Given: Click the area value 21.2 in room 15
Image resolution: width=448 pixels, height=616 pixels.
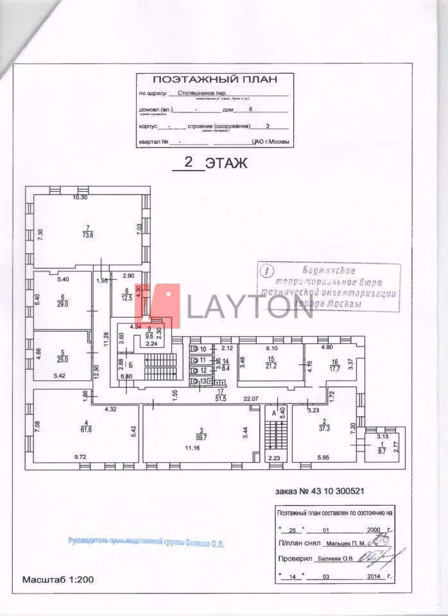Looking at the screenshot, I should click(x=271, y=366).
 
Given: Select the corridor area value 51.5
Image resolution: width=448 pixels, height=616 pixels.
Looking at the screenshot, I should click(x=220, y=398).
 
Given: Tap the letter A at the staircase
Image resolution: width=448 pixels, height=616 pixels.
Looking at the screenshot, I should click(x=274, y=413).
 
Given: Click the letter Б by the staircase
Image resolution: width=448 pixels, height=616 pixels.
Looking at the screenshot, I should click(x=130, y=365).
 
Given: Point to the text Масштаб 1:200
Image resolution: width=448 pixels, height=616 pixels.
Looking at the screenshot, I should click(x=58, y=579).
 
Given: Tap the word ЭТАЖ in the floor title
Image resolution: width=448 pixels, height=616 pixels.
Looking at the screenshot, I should click(x=226, y=163).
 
